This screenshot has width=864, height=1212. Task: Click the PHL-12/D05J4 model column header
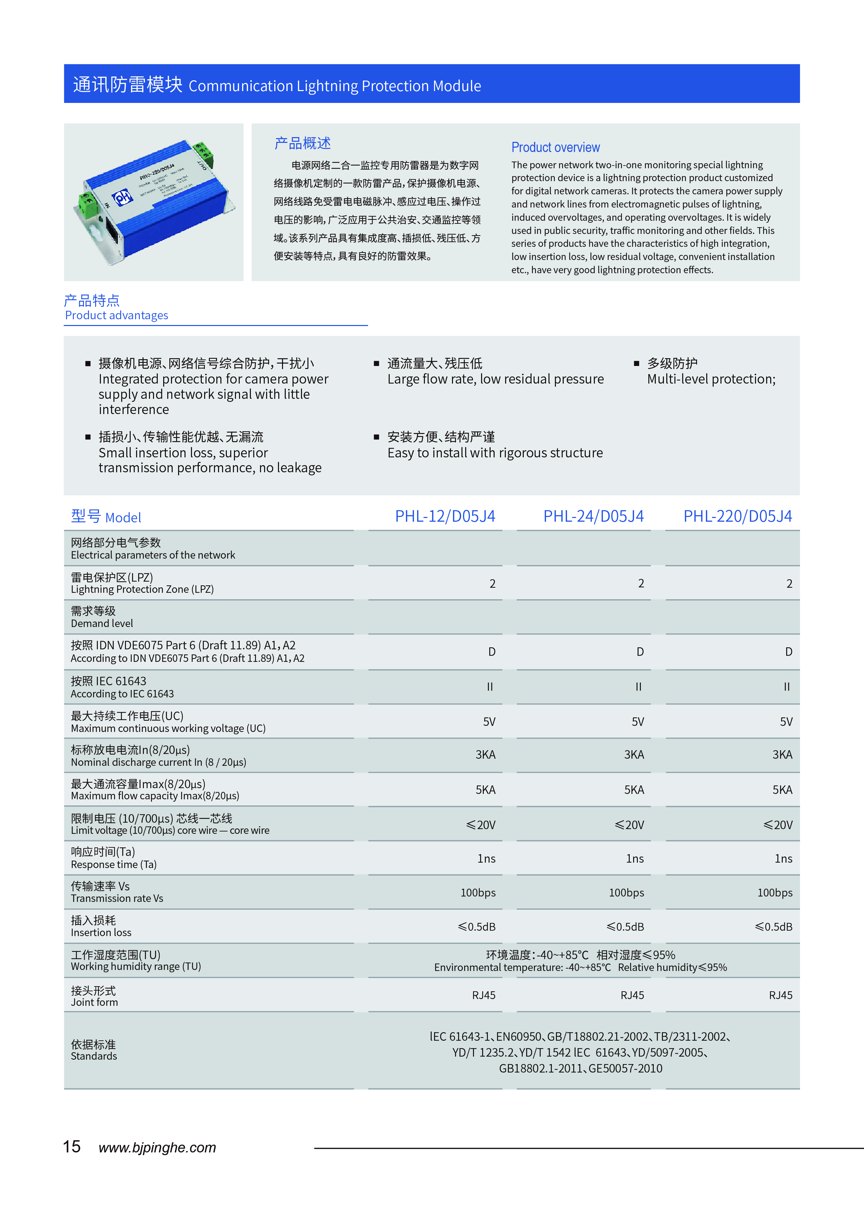tap(445, 516)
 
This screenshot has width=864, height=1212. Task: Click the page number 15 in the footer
tap(72, 1147)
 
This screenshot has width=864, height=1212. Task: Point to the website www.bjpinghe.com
tap(157, 1148)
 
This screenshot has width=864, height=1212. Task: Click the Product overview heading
tap(556, 147)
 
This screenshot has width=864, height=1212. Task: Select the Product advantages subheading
tap(116, 316)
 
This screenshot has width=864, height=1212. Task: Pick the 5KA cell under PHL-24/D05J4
tap(634, 789)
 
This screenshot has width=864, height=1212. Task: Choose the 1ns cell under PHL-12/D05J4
tap(486, 858)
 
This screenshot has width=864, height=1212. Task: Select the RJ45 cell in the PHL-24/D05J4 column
tap(632, 995)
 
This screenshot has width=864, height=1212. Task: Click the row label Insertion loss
tap(101, 933)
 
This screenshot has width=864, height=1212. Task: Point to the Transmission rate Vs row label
tap(117, 898)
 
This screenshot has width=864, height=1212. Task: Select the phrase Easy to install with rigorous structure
tap(495, 453)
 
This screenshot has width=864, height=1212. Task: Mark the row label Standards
tap(94, 1056)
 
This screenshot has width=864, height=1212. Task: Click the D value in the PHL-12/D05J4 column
tap(492, 652)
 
